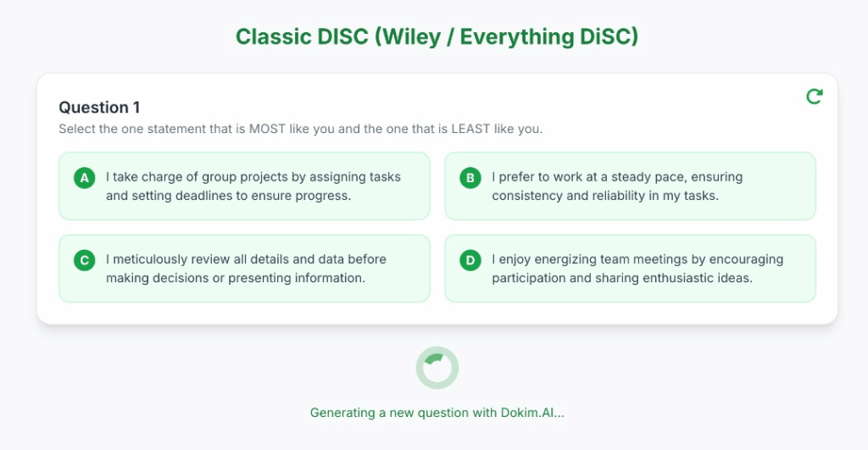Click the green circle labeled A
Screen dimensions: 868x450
(x=84, y=178)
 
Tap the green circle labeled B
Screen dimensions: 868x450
(x=470, y=178)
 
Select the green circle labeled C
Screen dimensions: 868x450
(x=84, y=260)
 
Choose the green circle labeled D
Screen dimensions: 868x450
(x=470, y=260)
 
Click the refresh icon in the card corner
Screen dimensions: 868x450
(x=815, y=97)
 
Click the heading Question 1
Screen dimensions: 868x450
(x=99, y=107)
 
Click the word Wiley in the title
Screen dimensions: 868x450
(x=409, y=37)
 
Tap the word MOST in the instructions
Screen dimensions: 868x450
(x=267, y=129)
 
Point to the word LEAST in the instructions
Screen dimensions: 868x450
(x=471, y=129)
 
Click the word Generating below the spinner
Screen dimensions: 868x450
(x=342, y=413)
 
